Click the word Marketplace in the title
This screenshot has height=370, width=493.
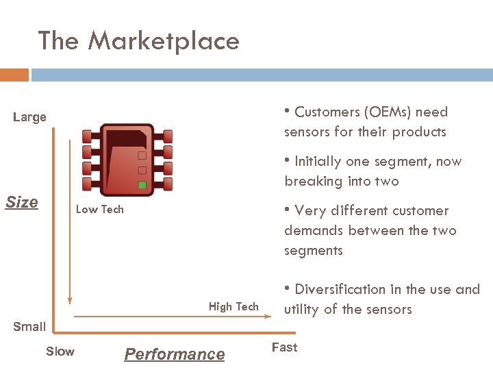point(163,41)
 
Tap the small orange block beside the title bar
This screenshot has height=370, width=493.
point(14,75)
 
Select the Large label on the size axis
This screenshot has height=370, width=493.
point(30,117)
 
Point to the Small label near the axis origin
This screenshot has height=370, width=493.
point(30,327)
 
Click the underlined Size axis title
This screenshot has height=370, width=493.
point(22,202)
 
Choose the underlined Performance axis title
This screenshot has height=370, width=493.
point(174,354)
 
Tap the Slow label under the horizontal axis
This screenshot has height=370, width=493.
point(60,351)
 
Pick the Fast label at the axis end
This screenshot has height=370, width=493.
point(284,347)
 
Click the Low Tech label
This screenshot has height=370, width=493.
point(99,210)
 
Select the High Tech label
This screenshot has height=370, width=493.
point(233,307)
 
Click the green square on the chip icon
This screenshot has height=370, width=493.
point(142,185)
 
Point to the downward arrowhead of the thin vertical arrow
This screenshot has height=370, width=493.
point(70,299)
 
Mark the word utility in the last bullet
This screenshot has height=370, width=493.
point(301,310)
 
